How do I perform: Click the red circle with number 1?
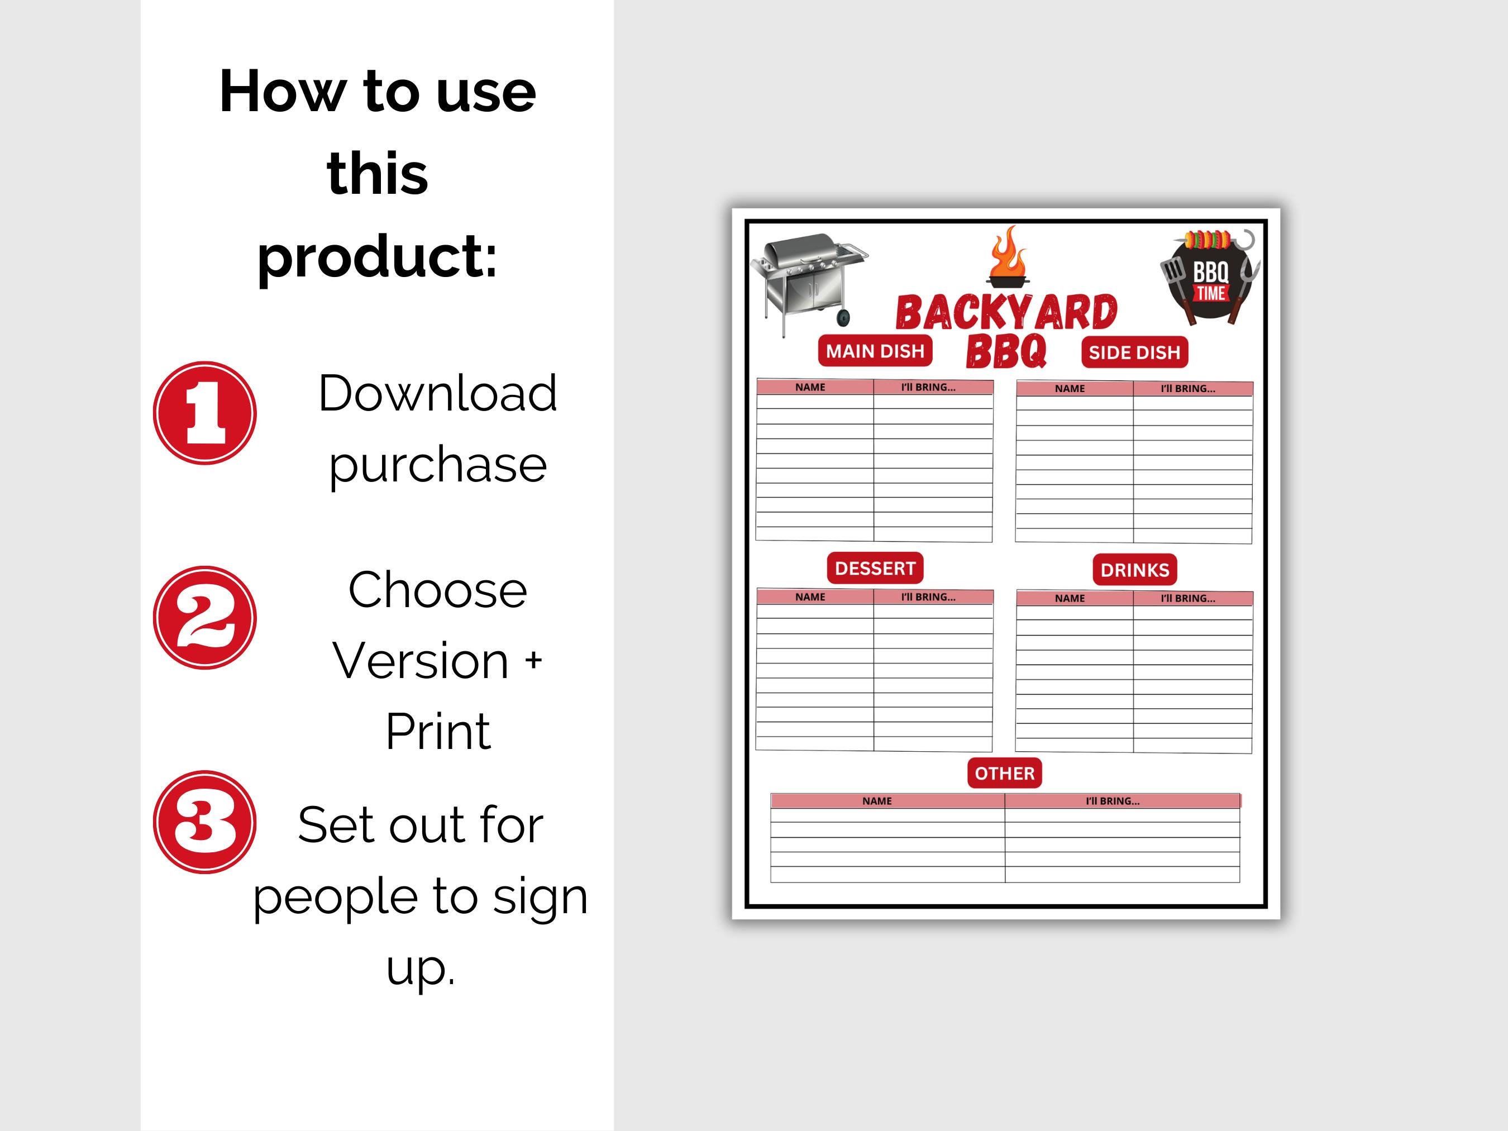pyautogui.click(x=204, y=413)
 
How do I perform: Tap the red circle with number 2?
pyautogui.click(x=204, y=618)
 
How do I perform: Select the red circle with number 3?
pyautogui.click(x=204, y=822)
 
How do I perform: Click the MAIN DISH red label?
pyautogui.click(x=875, y=351)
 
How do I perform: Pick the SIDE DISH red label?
pyautogui.click(x=1134, y=352)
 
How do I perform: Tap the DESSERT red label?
pyautogui.click(x=875, y=568)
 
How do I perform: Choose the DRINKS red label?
pyautogui.click(x=1134, y=570)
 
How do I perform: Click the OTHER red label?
pyautogui.click(x=1004, y=773)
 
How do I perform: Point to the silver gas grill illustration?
pyautogui.click(x=808, y=279)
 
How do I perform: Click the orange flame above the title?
pyautogui.click(x=1008, y=256)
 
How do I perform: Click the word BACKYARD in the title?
pyautogui.click(x=1006, y=313)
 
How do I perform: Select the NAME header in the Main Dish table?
pyautogui.click(x=810, y=387)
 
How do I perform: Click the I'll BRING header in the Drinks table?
pyautogui.click(x=1187, y=599)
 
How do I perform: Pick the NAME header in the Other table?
pyautogui.click(x=877, y=801)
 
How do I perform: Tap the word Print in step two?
pyautogui.click(x=438, y=732)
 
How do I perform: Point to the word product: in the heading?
pyautogui.click(x=377, y=256)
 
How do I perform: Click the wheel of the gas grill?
pyautogui.click(x=843, y=317)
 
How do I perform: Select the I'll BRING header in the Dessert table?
pyautogui.click(x=928, y=597)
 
